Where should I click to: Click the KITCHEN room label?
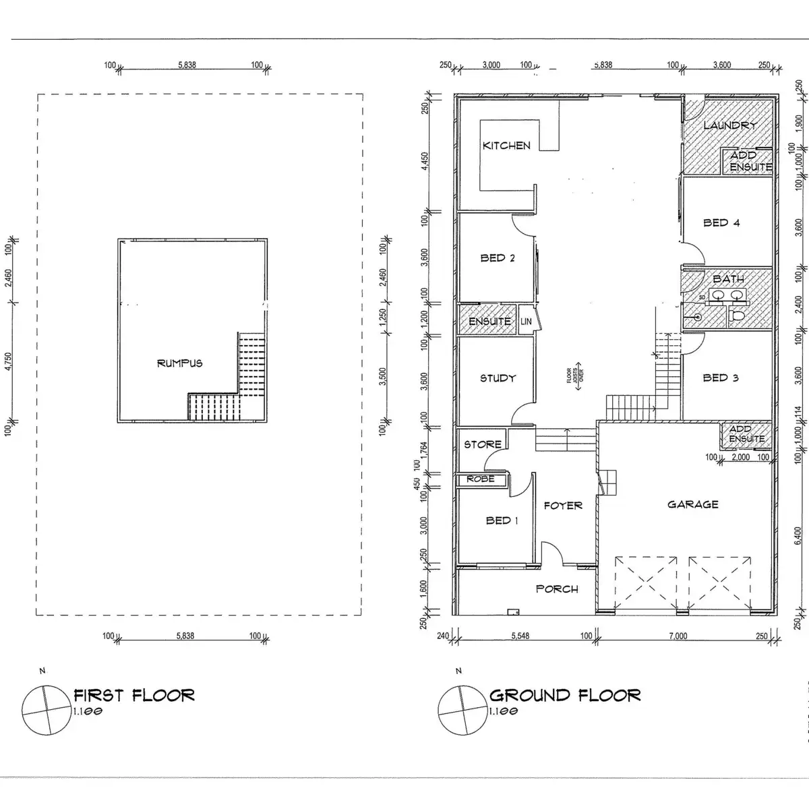[506, 146]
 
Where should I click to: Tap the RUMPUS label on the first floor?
[179, 363]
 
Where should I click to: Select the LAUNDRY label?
[729, 125]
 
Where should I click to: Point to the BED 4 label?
[721, 223]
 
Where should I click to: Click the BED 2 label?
[498, 258]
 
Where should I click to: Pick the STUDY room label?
[498, 378]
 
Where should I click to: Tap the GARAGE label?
[692, 504]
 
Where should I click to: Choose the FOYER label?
[563, 506]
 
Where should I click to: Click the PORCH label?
[557, 589]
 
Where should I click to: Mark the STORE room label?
[482, 444]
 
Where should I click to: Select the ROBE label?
[481, 479]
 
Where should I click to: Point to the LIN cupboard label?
[526, 322]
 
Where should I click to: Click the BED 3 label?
[720, 378]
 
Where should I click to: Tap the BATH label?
[728, 279]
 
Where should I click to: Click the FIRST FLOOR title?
[134, 695]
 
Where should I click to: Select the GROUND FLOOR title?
[564, 695]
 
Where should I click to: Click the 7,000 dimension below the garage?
[678, 636]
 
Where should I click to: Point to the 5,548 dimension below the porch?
[520, 636]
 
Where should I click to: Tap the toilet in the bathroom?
[738, 314]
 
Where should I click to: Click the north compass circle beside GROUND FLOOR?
[462, 710]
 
